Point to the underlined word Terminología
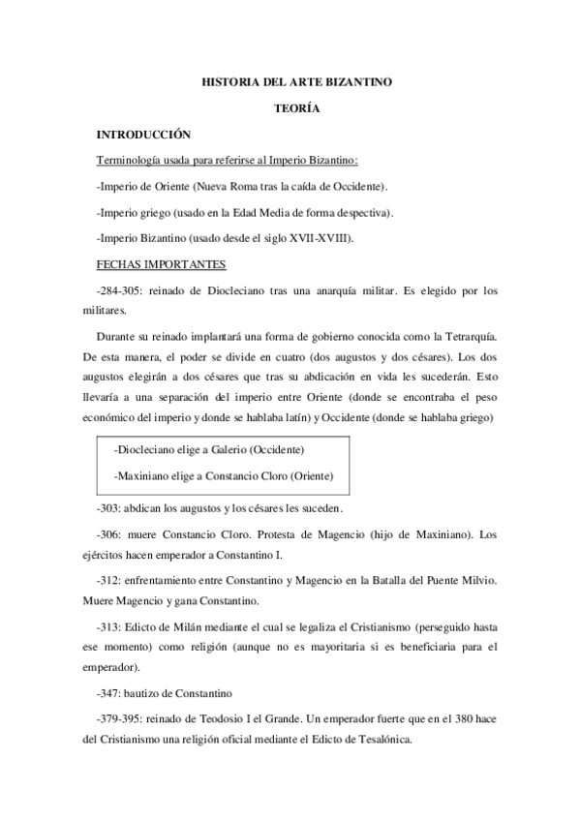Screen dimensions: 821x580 tap(131, 160)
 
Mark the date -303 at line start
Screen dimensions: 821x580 tap(108, 508)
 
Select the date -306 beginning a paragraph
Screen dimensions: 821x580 tap(108, 533)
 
